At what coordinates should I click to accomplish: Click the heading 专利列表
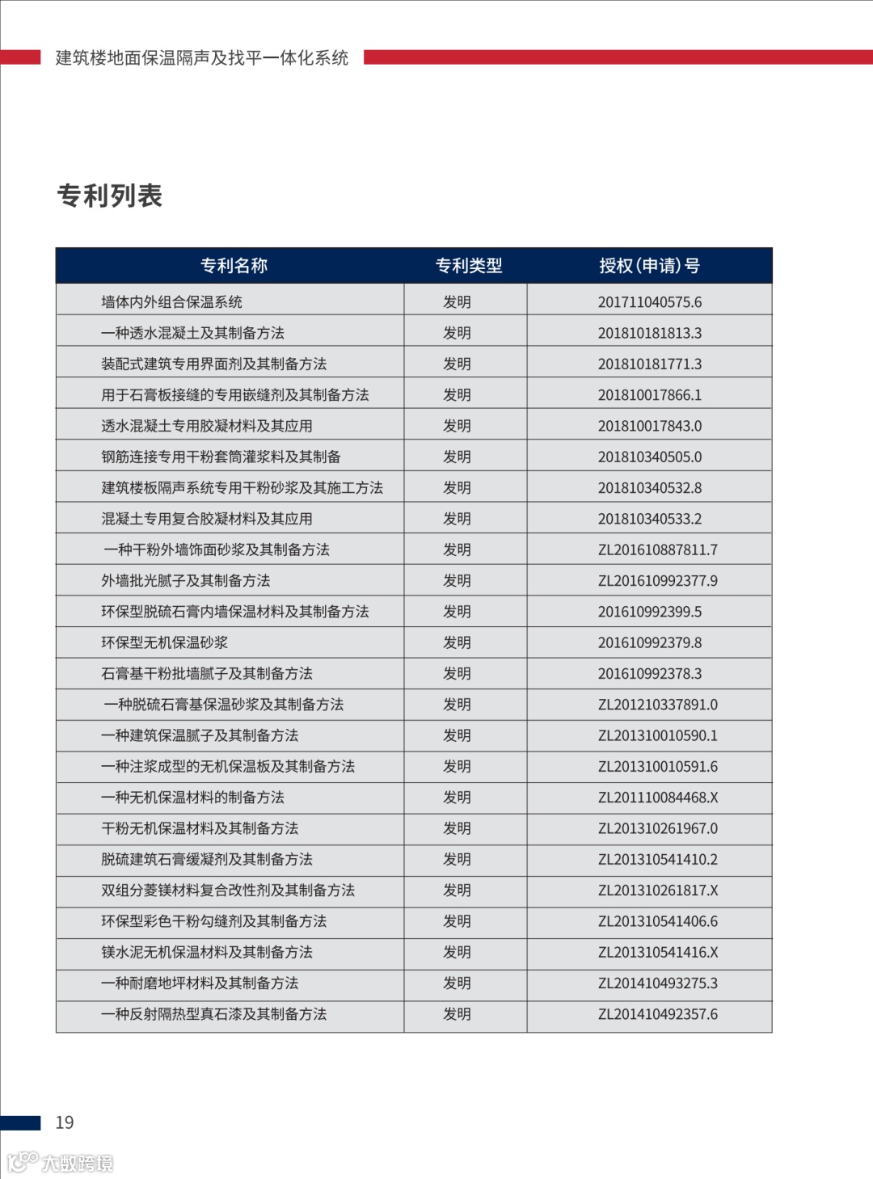[x=110, y=196]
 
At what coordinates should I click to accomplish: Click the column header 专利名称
[x=234, y=266]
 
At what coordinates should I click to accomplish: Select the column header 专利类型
[x=468, y=266]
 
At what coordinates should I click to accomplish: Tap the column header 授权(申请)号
[x=649, y=266]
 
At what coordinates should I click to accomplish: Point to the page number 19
[x=65, y=1122]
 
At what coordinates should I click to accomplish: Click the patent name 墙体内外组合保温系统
[x=171, y=302]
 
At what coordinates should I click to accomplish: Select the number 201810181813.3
[x=649, y=333]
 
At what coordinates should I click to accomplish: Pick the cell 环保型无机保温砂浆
[x=164, y=643]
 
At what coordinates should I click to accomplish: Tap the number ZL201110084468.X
[x=657, y=798]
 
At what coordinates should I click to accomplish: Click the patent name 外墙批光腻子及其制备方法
[x=185, y=581]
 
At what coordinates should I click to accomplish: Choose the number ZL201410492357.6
[x=657, y=1014]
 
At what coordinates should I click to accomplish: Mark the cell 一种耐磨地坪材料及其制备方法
[x=200, y=983]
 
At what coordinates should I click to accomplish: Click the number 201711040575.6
[x=649, y=302]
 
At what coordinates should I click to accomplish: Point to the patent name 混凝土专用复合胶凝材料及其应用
[x=206, y=519]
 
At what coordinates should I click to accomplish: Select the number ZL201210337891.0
[x=657, y=705]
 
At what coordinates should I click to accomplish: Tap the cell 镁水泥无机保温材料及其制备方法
[x=206, y=953]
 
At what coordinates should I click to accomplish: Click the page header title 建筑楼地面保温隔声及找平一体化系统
[x=202, y=58]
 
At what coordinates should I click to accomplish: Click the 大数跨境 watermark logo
[x=61, y=1163]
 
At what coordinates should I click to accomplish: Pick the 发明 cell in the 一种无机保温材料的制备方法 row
[x=457, y=798]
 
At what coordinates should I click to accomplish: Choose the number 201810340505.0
[x=649, y=457]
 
